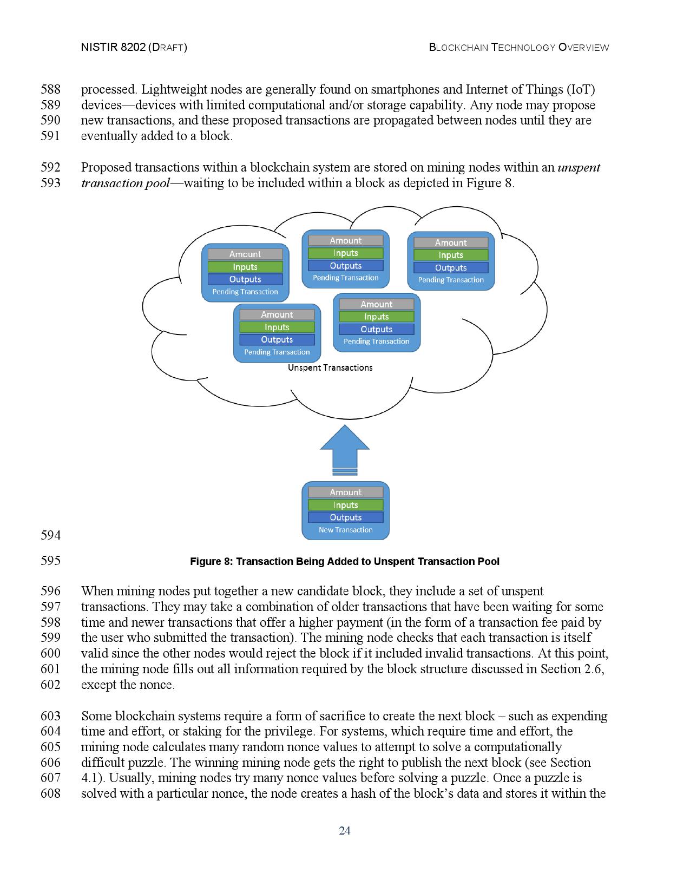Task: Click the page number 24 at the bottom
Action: (x=345, y=831)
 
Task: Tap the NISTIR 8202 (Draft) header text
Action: (x=134, y=47)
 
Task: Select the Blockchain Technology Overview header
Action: (x=519, y=47)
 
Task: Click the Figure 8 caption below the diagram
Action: (x=345, y=561)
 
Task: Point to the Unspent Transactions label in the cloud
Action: (x=330, y=367)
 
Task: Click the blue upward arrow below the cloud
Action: (x=345, y=447)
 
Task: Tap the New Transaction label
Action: (x=345, y=530)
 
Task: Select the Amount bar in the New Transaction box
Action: (x=345, y=492)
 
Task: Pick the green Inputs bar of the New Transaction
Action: (x=345, y=505)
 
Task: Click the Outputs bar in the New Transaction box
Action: (x=345, y=517)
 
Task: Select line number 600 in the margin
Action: (x=50, y=653)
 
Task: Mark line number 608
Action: (x=50, y=794)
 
